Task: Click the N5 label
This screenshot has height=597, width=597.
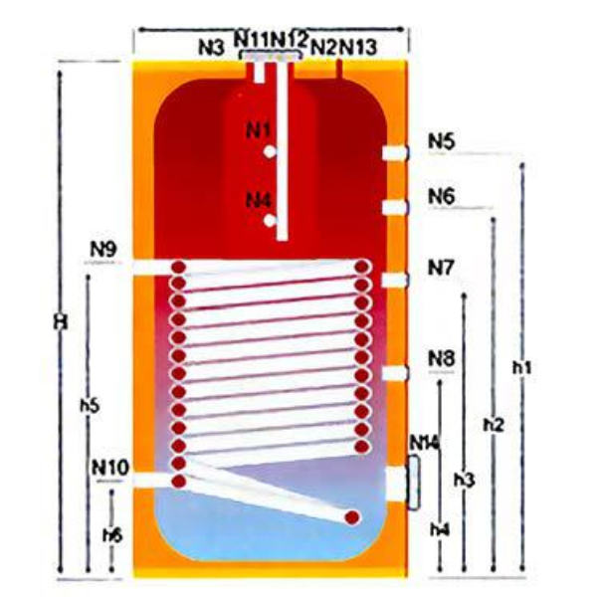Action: (x=442, y=141)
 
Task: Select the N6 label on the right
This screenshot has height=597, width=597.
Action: (x=442, y=197)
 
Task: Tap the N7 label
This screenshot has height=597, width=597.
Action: (x=442, y=268)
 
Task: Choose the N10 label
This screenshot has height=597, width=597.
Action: (x=109, y=466)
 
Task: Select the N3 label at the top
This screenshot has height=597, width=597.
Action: (x=209, y=46)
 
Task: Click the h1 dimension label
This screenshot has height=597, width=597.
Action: (x=522, y=367)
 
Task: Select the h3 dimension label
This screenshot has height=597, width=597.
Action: (x=464, y=480)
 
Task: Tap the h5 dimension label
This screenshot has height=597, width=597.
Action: (x=89, y=406)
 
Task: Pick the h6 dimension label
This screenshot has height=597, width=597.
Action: (x=112, y=535)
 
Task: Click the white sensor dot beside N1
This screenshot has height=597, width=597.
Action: (x=270, y=152)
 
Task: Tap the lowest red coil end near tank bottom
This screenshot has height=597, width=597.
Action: (x=352, y=516)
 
